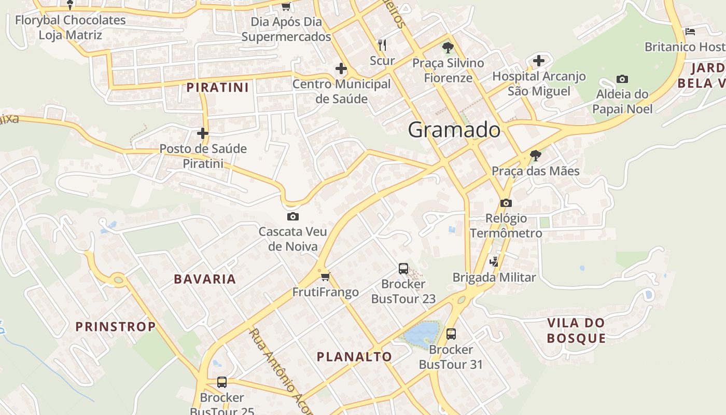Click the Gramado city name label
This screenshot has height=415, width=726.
[x=454, y=130]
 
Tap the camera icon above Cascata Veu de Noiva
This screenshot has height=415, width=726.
[x=292, y=216]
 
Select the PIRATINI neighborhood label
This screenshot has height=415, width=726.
[x=218, y=87]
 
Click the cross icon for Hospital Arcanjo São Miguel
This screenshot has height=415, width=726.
[x=539, y=61]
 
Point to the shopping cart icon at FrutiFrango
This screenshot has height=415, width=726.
[x=325, y=276]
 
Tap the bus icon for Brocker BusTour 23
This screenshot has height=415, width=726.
[x=403, y=268]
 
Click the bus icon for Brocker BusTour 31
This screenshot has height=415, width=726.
[x=451, y=334]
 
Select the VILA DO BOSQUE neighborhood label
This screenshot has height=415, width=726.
[x=576, y=330]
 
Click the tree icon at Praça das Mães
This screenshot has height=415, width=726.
[x=535, y=155]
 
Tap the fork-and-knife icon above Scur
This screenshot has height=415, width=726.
[x=382, y=45]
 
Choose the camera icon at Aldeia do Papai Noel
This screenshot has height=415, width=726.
[x=622, y=79]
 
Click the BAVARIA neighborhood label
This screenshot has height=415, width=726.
[x=205, y=279]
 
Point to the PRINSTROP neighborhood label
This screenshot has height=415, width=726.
[x=116, y=327]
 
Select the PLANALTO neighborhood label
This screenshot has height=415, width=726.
[x=354, y=357]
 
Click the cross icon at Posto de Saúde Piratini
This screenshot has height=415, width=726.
[x=202, y=133]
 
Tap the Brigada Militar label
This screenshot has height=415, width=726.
[x=494, y=278]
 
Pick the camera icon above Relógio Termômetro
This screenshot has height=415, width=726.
[x=506, y=203]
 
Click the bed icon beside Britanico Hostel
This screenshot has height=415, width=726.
[x=690, y=31]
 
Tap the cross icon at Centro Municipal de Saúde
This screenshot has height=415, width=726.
[x=341, y=68]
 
